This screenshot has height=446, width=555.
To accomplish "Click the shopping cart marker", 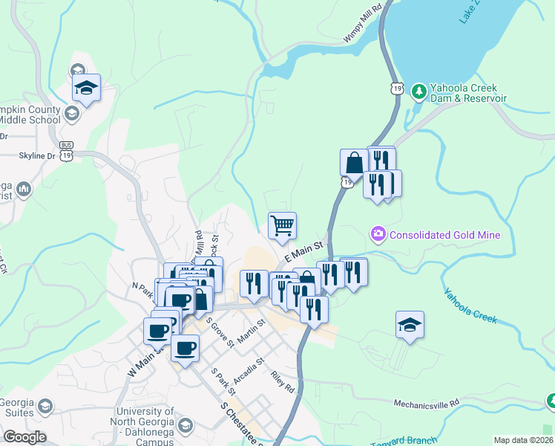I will pyautogui.click(x=282, y=224).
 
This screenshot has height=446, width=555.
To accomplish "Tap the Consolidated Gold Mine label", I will pyautogui.click(x=445, y=235).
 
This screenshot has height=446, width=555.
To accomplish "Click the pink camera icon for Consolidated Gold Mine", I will pyautogui.click(x=378, y=235).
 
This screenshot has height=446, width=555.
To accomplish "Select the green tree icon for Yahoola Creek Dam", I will pyautogui.click(x=418, y=91).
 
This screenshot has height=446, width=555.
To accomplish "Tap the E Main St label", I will pyautogui.click(x=306, y=251).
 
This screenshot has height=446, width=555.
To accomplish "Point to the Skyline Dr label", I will pyautogui.click(x=36, y=156).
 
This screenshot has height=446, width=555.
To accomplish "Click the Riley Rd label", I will pyautogui.click(x=283, y=382).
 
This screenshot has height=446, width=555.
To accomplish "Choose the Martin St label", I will pyautogui.click(x=252, y=333).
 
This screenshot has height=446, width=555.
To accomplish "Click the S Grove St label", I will pyautogui.click(x=220, y=332).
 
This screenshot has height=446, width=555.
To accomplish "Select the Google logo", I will pyautogui.click(x=24, y=437).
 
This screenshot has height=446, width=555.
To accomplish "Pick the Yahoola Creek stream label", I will pyautogui.click(x=470, y=305).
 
